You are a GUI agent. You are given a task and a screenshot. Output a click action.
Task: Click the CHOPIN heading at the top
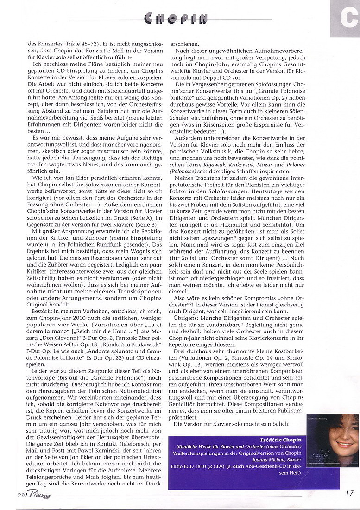[x=176, y=19]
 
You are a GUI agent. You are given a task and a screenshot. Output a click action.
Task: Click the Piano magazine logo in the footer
[x=38, y=495]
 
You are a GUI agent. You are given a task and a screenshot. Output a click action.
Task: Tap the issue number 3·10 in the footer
[x=20, y=494]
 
